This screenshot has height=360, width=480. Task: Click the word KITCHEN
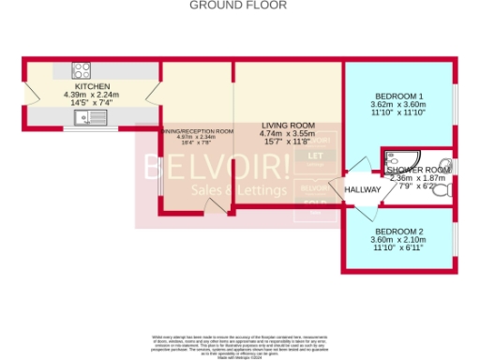pos(93,85)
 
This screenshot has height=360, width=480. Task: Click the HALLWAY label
pos(363,190)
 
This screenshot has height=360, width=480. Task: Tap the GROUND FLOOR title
pos(238,6)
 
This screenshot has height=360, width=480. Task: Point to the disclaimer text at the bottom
pos(240,344)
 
